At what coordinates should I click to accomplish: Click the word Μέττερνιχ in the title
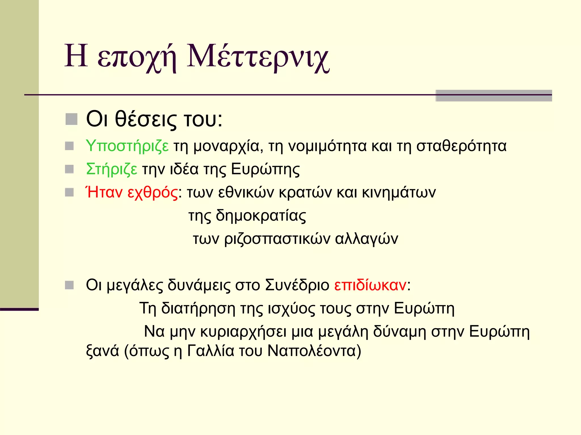(258, 57)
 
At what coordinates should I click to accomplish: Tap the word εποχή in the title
(137, 58)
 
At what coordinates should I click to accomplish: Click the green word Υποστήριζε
(127, 146)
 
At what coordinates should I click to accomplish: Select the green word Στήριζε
(111, 170)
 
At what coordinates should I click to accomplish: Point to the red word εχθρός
(153, 193)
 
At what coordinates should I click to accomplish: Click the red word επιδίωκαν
(370, 285)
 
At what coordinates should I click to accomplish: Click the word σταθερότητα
(461, 146)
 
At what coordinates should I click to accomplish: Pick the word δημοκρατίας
(261, 216)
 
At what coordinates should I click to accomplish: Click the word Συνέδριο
(297, 285)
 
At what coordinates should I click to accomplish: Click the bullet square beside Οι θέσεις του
(71, 119)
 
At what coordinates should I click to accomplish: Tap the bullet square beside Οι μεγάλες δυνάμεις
(70, 285)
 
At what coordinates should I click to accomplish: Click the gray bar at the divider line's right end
(494, 96)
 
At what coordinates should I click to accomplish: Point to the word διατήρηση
(198, 308)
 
